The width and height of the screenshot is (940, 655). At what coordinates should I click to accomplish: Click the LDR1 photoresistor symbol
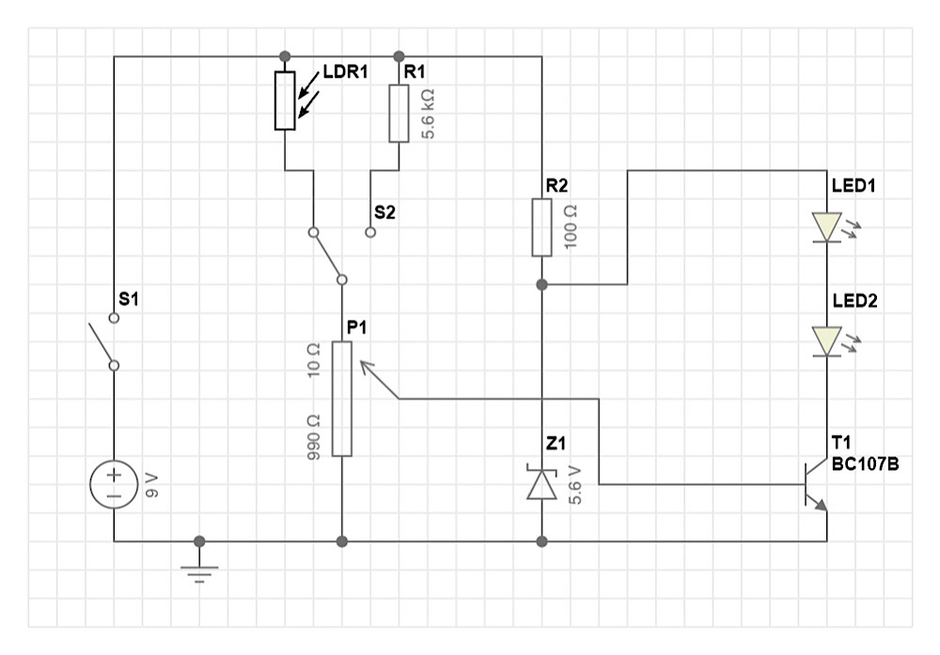coord(286,101)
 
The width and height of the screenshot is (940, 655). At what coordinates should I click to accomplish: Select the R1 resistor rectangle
coord(399,114)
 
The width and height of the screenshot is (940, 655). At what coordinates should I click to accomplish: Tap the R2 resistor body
coord(542,227)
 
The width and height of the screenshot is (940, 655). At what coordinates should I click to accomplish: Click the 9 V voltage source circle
coord(114,484)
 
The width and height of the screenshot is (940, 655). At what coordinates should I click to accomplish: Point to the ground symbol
coord(199,569)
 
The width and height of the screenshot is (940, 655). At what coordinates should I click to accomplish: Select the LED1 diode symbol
coord(826,227)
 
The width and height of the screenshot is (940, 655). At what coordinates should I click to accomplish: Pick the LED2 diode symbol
coord(826,341)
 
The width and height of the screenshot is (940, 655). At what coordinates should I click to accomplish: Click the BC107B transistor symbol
coord(815,484)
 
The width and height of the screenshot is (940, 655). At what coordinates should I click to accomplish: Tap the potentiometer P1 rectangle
coord(342,399)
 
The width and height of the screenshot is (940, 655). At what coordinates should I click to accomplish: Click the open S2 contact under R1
coord(370,232)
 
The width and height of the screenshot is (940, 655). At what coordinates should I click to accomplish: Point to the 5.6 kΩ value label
coord(428,114)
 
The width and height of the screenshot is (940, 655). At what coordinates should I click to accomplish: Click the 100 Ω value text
coord(571,227)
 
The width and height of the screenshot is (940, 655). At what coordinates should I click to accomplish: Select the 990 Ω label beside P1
coord(313,438)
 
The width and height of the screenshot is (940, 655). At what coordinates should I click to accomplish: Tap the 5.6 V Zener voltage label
coord(575,485)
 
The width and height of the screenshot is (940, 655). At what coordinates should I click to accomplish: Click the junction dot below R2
coord(542,285)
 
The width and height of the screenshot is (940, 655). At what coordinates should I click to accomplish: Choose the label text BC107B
coord(865,464)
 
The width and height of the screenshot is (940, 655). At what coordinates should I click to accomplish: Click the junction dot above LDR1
coord(286,56)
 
